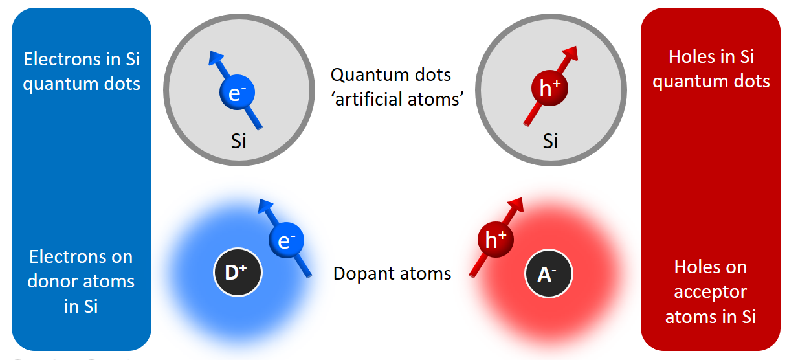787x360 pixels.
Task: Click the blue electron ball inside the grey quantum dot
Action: pos(237,92)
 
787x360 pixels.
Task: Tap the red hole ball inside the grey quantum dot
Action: pos(549,88)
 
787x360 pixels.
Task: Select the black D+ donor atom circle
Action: pos(238,273)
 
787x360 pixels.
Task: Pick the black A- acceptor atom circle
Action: pos(548,273)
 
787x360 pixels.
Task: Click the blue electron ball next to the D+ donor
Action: pos(286,240)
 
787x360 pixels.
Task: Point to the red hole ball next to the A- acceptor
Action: pos(496,240)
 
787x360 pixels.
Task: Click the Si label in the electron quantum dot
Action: pos(239,141)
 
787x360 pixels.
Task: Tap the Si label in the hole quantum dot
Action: pos(551,141)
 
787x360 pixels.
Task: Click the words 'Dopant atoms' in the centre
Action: pos(392,273)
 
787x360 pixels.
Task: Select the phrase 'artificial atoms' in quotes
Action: pos(397,99)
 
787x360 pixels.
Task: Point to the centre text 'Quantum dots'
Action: pos(391,75)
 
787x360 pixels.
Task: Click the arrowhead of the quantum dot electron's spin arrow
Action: pos(216,58)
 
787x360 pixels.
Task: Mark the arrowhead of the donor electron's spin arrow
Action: pos(265,206)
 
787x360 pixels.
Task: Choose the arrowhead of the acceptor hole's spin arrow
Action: pos(516,205)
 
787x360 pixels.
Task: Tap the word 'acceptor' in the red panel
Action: pos(711,293)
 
